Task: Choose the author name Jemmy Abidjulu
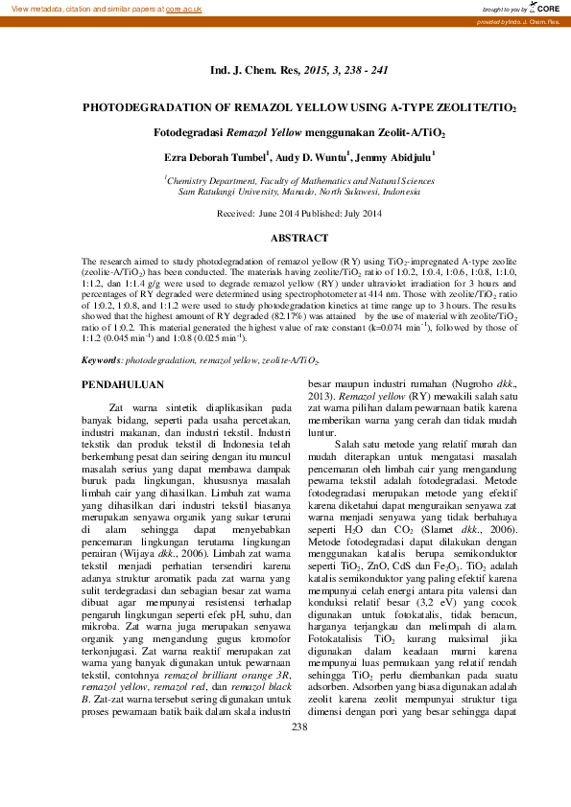pos(394,155)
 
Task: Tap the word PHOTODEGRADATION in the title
pos(148,109)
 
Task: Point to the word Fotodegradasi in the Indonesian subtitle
pos(187,133)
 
